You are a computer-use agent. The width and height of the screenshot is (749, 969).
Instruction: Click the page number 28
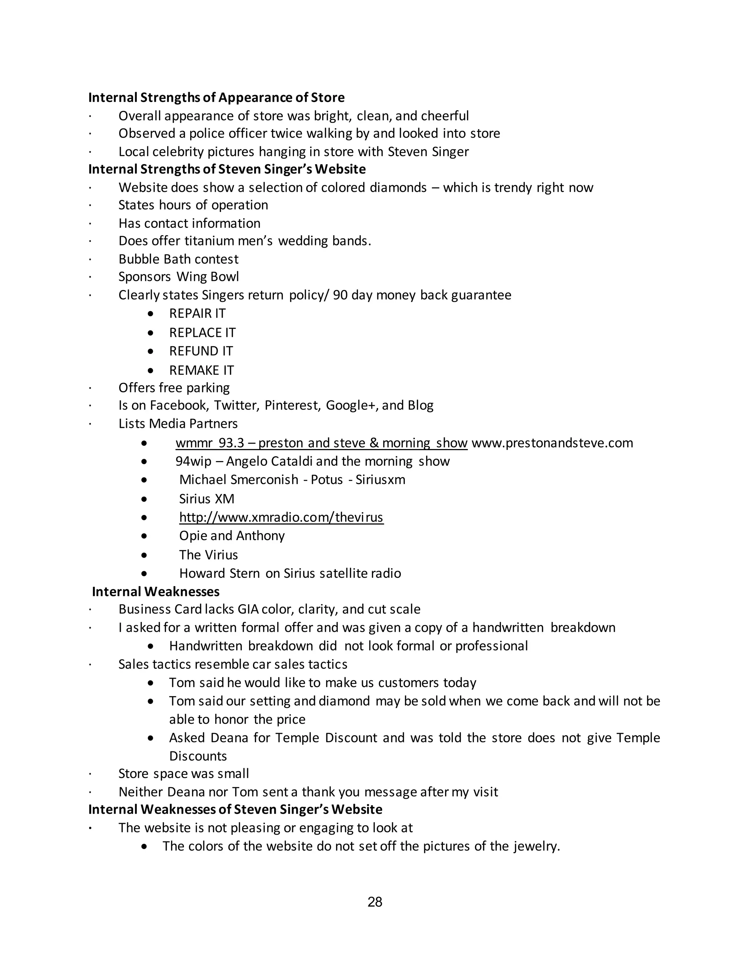pos(374,902)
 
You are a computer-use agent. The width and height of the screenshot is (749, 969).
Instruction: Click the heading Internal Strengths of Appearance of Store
pos(217,97)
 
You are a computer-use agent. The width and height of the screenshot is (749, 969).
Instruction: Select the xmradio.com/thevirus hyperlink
pos(281,517)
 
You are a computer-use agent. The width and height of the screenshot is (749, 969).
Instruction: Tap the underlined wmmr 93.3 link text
pos(321,443)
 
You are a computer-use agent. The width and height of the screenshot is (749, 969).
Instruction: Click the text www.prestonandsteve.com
pos(552,443)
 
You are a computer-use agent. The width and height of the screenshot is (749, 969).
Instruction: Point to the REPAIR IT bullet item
pos(197,313)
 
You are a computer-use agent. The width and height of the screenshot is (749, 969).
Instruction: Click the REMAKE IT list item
pos(202,370)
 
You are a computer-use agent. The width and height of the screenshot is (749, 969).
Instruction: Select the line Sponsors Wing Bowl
pos(178,276)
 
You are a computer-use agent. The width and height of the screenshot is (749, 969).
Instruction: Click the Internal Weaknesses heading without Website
pos(156,591)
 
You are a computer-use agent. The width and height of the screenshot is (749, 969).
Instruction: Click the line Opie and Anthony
pos(232,536)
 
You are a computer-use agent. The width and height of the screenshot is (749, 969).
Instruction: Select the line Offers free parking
pos(174,387)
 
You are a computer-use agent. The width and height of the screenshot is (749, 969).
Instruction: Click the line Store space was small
pos(183,773)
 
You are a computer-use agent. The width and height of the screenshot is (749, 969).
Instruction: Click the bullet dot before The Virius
pos(144,555)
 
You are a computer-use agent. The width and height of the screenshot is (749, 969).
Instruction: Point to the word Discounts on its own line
pos(198,755)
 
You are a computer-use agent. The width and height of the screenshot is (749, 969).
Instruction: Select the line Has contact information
pos(189,223)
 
